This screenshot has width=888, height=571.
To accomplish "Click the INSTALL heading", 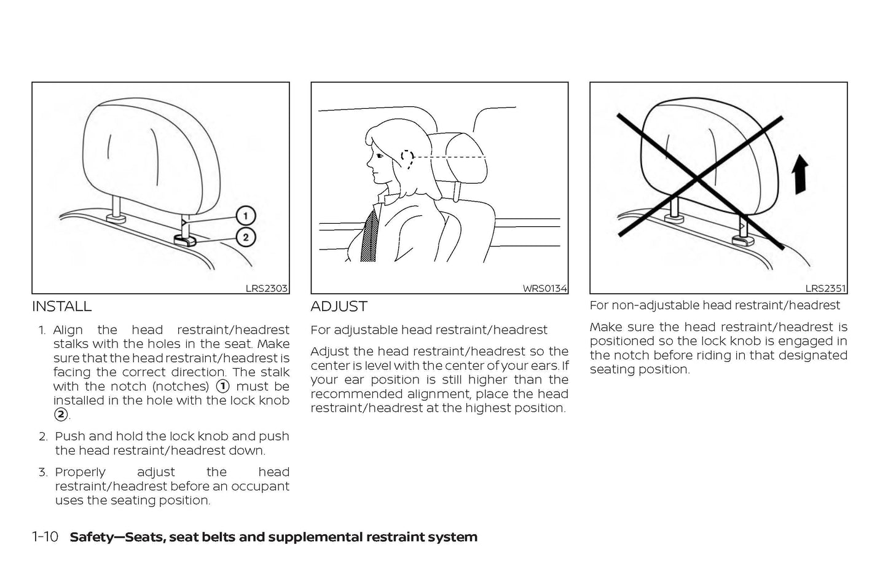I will click(61, 306).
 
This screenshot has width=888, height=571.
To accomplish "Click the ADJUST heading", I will click(339, 306).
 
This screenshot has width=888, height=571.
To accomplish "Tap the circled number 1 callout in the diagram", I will click(246, 216).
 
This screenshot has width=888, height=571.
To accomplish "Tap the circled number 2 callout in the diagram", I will click(246, 237).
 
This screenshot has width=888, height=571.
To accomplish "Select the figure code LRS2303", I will click(266, 288).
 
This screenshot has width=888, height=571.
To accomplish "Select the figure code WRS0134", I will click(544, 288).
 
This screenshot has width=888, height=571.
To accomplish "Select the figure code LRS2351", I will click(825, 288).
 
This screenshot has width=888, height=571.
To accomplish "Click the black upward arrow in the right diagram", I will click(800, 175).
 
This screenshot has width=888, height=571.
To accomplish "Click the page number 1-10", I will click(45, 537).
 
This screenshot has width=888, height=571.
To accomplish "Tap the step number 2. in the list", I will click(43, 436).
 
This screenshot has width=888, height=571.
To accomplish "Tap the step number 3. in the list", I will click(43, 472).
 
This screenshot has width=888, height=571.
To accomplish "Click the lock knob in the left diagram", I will click(184, 239).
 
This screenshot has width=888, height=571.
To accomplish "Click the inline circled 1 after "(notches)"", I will click(222, 387).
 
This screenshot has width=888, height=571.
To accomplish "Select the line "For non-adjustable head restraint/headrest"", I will click(714, 305).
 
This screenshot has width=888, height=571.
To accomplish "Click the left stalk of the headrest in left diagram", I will click(116, 203).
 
